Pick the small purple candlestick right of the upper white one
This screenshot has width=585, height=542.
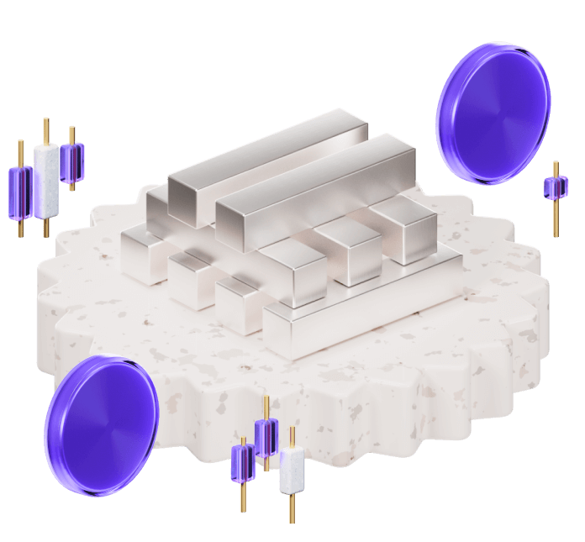[72, 162]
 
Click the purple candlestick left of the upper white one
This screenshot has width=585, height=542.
[20, 192]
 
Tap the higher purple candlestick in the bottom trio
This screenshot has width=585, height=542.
[266, 436]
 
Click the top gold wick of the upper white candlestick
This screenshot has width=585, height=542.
[45, 131]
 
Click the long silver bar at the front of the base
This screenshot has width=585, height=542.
[370, 303]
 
